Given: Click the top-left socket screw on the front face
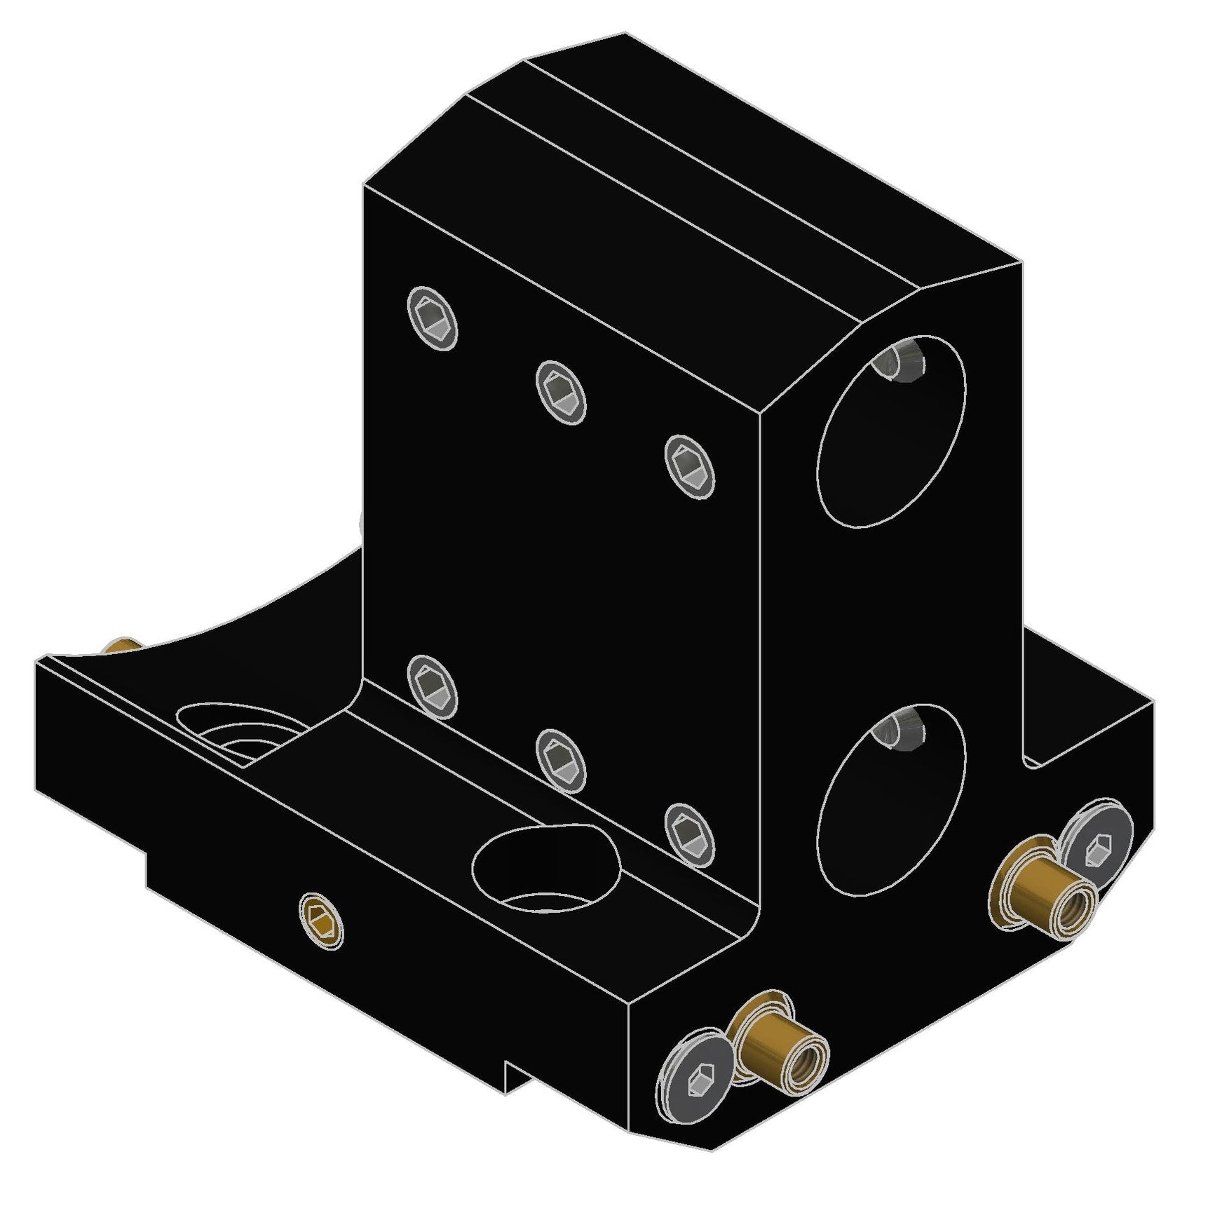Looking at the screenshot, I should coord(433,318).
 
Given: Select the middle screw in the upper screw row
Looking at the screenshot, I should coord(561,393).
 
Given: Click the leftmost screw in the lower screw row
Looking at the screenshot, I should coord(433,686).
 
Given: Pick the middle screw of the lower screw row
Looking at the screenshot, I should coord(561,761).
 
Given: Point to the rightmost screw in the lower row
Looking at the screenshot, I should coord(689,836).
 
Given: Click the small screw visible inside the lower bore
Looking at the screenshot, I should coord(900,729).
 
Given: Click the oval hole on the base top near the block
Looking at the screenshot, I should coord(545,870).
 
